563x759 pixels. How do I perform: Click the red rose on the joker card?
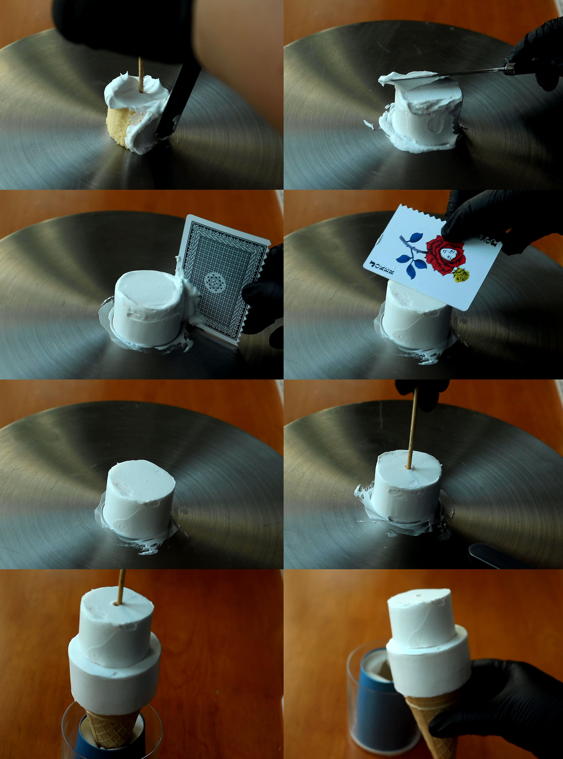[445, 255]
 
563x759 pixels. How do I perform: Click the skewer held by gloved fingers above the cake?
[412, 429]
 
